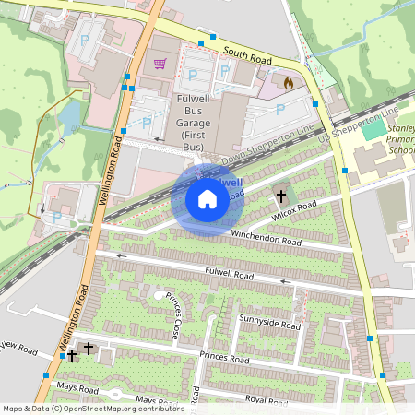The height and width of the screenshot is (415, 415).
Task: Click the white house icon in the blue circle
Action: tap(207, 199)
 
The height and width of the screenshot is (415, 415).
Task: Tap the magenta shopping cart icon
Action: tap(160, 64)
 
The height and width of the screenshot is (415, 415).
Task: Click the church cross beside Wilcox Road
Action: tap(281, 196)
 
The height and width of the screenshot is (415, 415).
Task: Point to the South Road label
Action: tap(248, 55)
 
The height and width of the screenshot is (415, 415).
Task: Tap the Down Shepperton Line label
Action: tap(275, 141)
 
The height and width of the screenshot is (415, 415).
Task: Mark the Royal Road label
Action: tap(267, 401)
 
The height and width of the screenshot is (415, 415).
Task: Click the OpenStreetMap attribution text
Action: tap(80, 409)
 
